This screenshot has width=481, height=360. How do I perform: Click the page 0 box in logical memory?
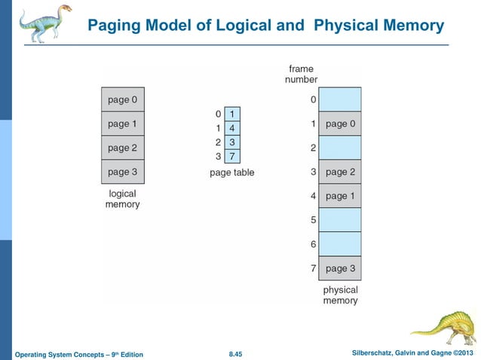123,99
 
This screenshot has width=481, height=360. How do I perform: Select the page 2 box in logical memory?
123,148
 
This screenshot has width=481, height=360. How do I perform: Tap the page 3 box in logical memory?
123,172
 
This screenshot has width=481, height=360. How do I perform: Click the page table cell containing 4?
233,128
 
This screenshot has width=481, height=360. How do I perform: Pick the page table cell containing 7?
233,157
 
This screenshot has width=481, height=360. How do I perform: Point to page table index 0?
218,114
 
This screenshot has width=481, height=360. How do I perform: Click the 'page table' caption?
232,172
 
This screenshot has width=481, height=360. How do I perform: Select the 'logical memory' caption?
122,199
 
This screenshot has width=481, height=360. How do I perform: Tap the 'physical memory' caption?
340,295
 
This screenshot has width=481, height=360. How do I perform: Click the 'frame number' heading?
301,74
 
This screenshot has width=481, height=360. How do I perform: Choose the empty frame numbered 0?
340,99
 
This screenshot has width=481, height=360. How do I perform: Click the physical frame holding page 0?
340,123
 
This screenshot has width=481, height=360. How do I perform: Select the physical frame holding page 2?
340,172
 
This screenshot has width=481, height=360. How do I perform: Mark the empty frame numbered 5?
340,220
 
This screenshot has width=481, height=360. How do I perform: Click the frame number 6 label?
313,245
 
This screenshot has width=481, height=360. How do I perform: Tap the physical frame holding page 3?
340,268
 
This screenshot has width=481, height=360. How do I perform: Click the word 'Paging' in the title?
112,26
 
